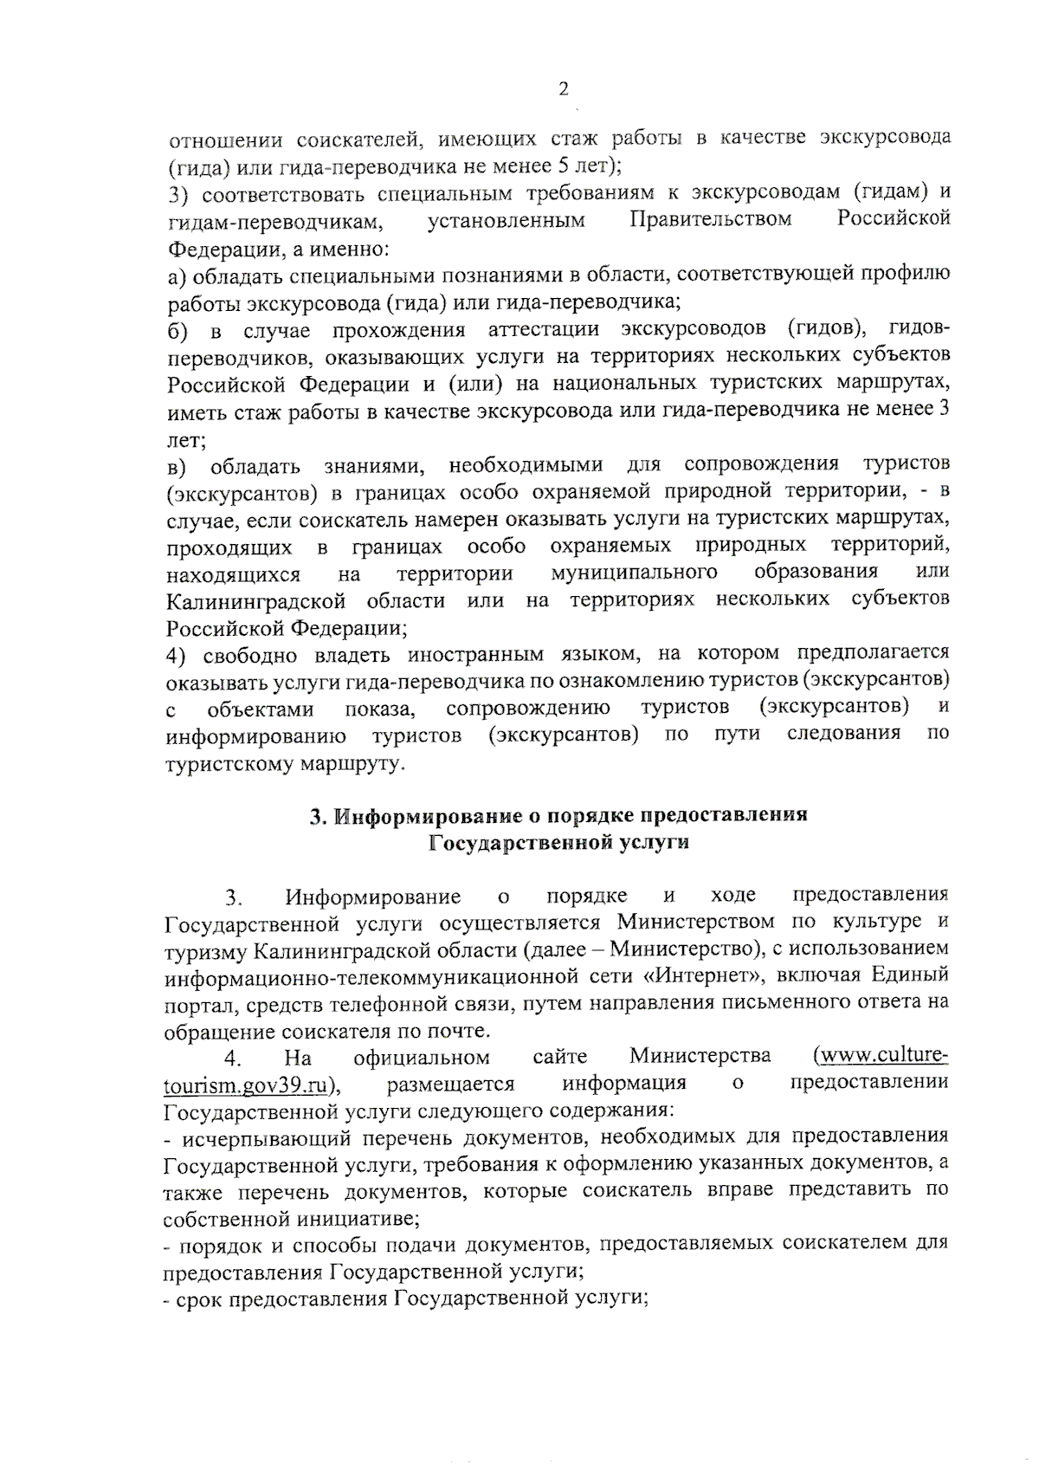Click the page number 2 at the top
coord(564,89)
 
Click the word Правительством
coord(710,219)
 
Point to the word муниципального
coord(634,573)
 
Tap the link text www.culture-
coord(883,1056)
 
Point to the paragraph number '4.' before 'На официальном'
coord(232,1059)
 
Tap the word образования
coord(816,572)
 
